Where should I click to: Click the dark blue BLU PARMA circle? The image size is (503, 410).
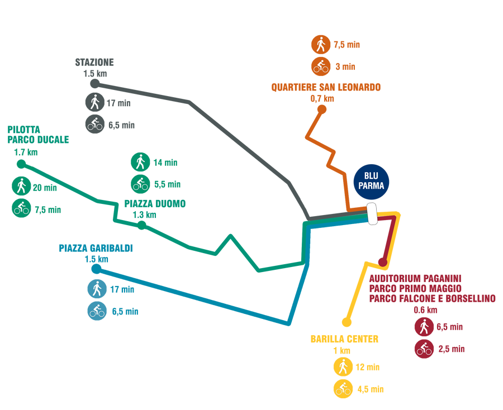(x=371, y=182)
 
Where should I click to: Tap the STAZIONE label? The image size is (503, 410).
(x=94, y=62)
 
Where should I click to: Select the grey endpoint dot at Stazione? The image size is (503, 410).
(x=94, y=83)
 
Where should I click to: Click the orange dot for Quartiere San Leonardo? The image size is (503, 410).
(x=322, y=109)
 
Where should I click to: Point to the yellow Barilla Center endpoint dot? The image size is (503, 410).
(x=347, y=322)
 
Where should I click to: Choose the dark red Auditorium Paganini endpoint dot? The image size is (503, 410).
(x=383, y=262)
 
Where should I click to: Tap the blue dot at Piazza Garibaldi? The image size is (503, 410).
(x=96, y=269)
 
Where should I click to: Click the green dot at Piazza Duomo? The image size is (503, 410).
(x=141, y=225)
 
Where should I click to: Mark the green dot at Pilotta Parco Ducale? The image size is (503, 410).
(x=21, y=164)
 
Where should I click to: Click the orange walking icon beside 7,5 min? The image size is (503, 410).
(x=321, y=45)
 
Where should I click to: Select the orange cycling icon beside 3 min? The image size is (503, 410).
(x=321, y=66)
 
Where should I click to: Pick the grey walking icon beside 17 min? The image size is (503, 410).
(x=95, y=102)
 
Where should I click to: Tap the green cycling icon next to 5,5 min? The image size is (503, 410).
(x=140, y=184)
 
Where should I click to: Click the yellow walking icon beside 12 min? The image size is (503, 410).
(x=343, y=367)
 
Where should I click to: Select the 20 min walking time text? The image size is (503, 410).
(x=45, y=188)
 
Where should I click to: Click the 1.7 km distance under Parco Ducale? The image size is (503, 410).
(x=26, y=152)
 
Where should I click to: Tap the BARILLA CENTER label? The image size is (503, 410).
(x=344, y=339)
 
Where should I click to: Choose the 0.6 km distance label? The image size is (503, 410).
(x=425, y=310)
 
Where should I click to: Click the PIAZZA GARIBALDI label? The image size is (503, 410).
(x=96, y=248)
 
